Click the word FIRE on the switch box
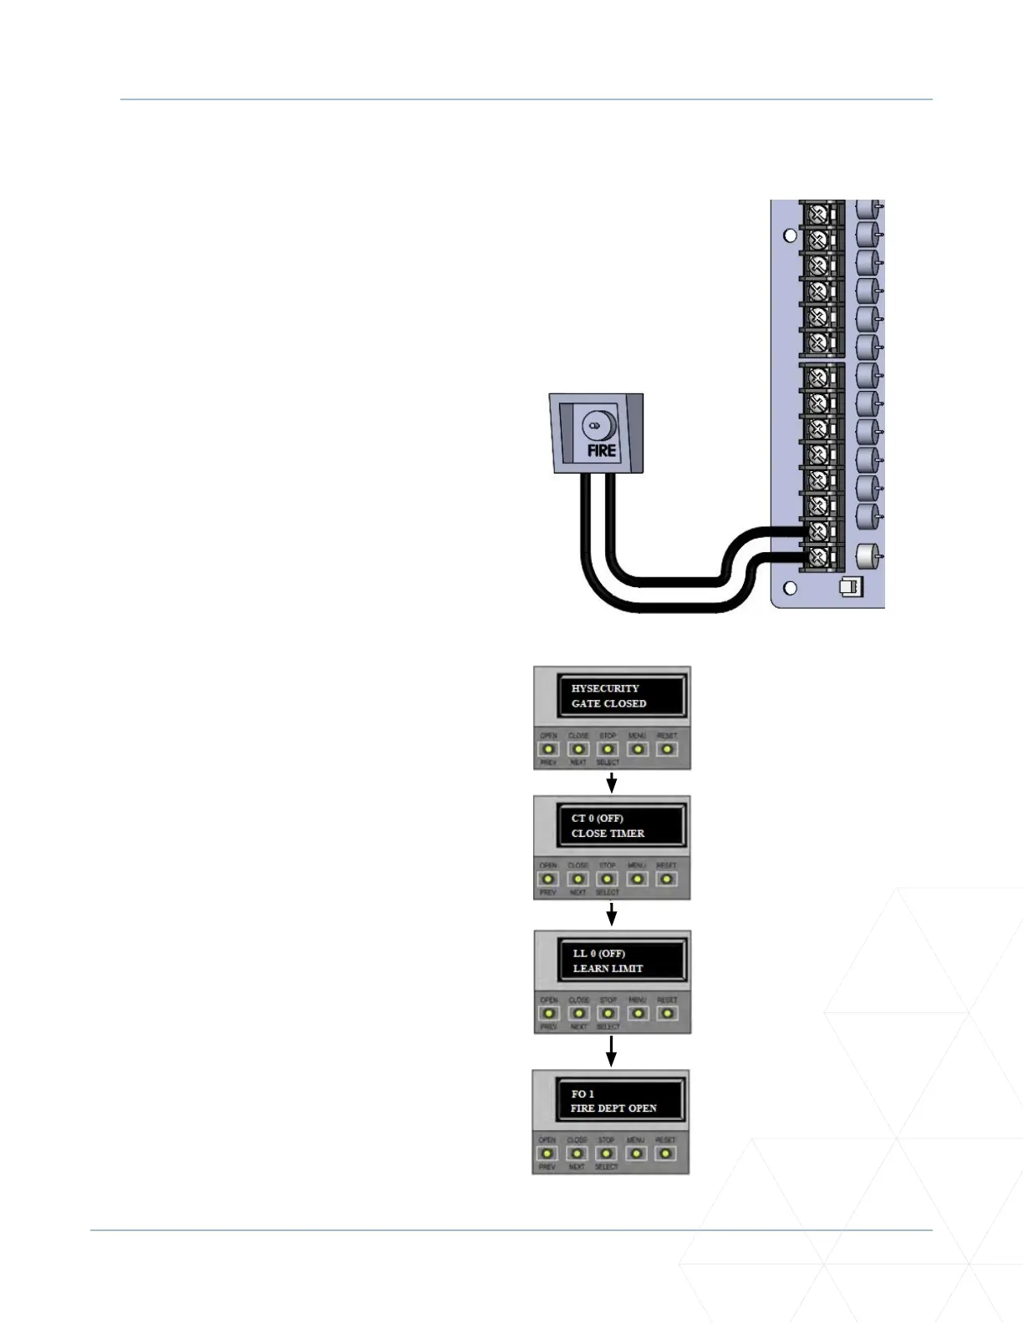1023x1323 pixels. (601, 450)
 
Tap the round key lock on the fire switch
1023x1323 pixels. (597, 426)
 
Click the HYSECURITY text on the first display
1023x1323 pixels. (605, 688)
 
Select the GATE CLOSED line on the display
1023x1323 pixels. (608, 703)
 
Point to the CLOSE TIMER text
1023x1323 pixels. (608, 834)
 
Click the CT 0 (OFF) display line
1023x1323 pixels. (597, 819)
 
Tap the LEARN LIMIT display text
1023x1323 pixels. (608, 968)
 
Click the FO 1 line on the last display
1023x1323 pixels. (583, 1093)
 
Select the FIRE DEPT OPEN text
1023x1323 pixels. (613, 1108)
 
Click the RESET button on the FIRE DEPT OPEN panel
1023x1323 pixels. (665, 1153)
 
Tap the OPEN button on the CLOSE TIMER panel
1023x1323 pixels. (548, 879)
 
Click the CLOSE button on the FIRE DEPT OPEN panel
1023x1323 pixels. (577, 1153)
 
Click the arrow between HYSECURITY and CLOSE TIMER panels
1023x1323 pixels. (612, 783)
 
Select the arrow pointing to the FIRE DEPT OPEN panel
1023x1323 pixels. (612, 1052)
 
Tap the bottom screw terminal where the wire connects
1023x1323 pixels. (818, 555)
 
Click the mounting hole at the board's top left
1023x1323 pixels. (790, 236)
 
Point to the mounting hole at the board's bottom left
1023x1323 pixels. (790, 587)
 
